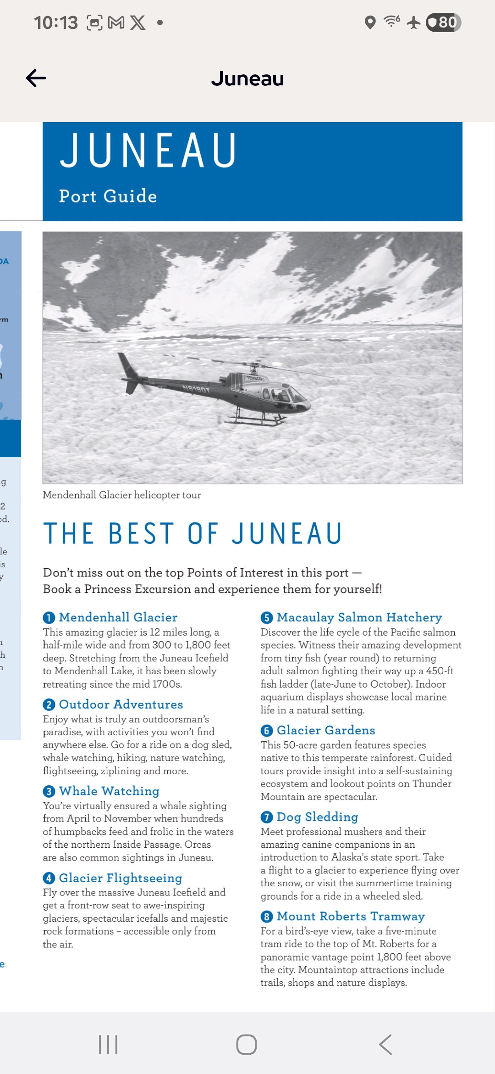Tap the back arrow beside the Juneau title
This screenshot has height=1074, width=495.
pos(36,78)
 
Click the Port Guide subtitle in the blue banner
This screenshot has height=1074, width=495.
pos(108,196)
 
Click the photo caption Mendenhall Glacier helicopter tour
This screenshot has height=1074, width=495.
pos(121,495)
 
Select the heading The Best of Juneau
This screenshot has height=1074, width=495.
pos(192,533)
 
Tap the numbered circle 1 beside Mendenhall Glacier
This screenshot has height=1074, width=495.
pos(49,618)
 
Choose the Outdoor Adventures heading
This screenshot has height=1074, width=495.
pos(121,704)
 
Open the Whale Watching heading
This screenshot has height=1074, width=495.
pos(109,791)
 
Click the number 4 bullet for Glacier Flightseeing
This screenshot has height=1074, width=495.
pos(49,878)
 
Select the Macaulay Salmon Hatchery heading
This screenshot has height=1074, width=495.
pos(359,617)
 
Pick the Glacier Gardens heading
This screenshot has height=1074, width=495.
pos(326,730)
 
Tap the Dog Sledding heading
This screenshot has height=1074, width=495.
pos(317,817)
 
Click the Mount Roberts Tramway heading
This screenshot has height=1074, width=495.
pos(351,916)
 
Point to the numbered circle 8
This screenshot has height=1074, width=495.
pos(266,917)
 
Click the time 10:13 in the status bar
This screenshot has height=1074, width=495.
pos(56,22)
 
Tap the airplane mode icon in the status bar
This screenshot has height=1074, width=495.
pos(413,22)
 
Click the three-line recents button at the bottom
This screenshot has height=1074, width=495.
pos(108,1045)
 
